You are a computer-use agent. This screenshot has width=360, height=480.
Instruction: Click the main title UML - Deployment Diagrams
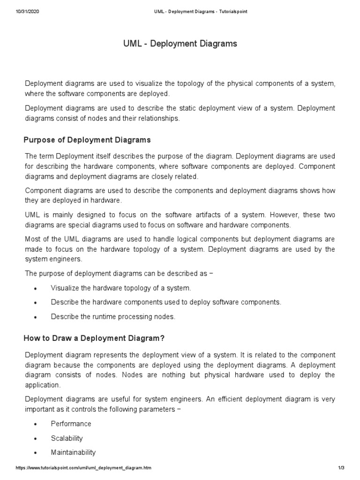180,44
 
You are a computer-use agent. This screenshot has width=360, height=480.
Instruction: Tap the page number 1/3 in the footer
341,468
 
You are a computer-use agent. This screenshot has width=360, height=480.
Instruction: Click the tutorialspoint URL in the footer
83,468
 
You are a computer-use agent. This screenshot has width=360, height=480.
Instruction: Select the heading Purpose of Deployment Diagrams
87,140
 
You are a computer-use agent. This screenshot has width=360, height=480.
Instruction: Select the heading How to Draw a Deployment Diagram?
94,338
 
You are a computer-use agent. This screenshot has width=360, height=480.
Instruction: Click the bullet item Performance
71,424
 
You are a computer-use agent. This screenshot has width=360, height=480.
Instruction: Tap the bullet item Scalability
67,438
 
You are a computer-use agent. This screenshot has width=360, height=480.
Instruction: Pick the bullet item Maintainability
73,452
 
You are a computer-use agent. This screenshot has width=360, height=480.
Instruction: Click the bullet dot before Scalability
36,439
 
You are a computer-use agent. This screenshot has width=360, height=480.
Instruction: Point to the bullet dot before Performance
36,424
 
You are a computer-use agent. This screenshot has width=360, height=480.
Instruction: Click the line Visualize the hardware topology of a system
121,288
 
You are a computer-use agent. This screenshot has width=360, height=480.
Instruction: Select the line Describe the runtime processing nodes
113,316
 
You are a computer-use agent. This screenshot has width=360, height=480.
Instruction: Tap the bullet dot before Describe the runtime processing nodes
36,317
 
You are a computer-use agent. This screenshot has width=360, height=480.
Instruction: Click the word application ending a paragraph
42,384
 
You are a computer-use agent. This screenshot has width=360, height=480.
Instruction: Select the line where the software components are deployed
97,94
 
